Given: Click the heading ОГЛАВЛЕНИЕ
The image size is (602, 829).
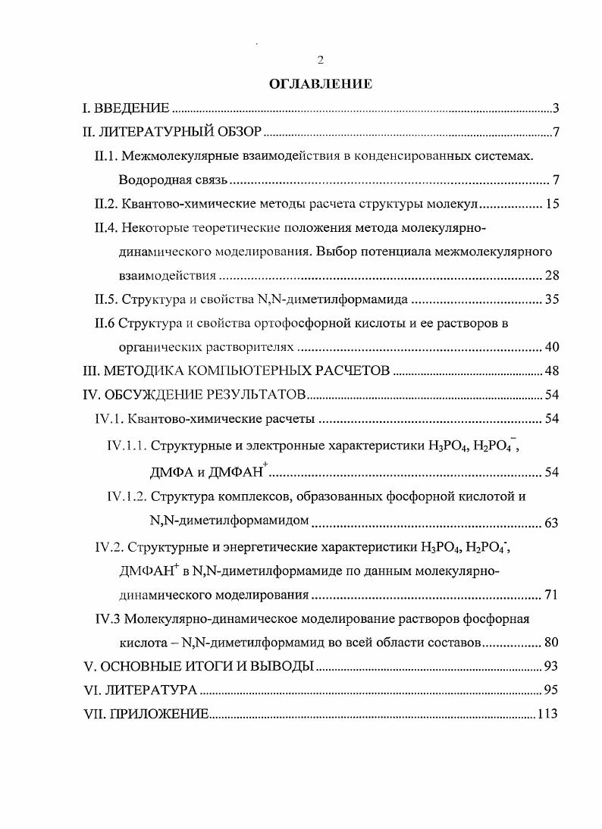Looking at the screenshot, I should click(x=320, y=84).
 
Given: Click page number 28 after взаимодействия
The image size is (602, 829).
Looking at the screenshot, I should click(x=551, y=275).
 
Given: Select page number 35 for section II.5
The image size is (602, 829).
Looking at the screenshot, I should click(x=551, y=299).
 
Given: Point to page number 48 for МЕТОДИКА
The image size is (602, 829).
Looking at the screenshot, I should click(x=551, y=371).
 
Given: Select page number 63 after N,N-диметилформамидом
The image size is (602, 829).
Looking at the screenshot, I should click(x=551, y=523).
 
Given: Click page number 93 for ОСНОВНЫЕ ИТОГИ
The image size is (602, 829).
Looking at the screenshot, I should click(x=551, y=667).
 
